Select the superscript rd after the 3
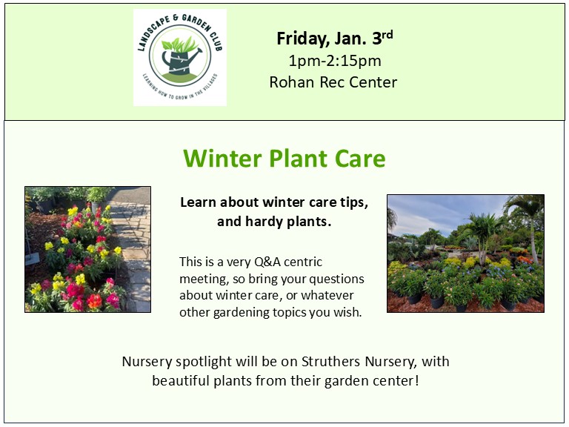click(x=387, y=35)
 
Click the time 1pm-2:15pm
click(x=335, y=61)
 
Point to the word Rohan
click(x=291, y=82)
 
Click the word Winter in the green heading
click(x=222, y=159)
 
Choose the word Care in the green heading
click(x=359, y=159)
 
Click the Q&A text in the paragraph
click(x=267, y=262)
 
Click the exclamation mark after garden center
click(x=417, y=380)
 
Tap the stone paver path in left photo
click(x=133, y=247)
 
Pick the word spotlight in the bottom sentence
click(x=204, y=363)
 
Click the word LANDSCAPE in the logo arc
click(x=153, y=33)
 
